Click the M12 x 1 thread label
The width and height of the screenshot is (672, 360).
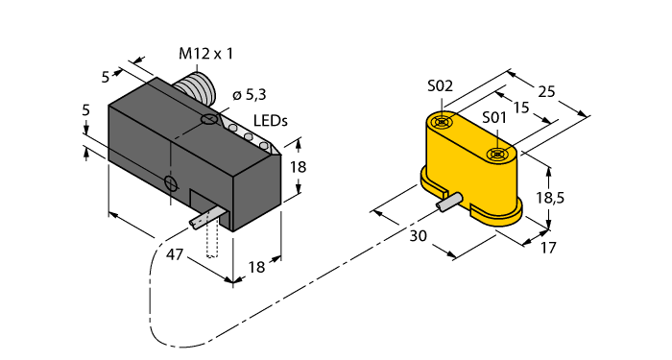pyautogui.click(x=205, y=54)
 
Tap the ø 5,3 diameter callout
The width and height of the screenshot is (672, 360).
pyautogui.click(x=250, y=95)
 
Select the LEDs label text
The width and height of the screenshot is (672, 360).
pyautogui.click(x=271, y=121)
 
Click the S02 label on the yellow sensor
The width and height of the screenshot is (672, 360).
pyautogui.click(x=440, y=86)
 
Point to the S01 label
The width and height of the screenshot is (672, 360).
pyautogui.click(x=494, y=117)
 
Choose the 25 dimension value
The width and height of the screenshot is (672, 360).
pyautogui.click(x=546, y=91)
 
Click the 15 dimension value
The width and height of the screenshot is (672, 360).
pyautogui.click(x=521, y=108)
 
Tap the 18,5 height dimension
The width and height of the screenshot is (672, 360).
pyautogui.click(x=551, y=198)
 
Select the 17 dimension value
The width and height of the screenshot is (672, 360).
pyautogui.click(x=548, y=248)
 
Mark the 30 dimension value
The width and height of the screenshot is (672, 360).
pyautogui.click(x=419, y=236)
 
